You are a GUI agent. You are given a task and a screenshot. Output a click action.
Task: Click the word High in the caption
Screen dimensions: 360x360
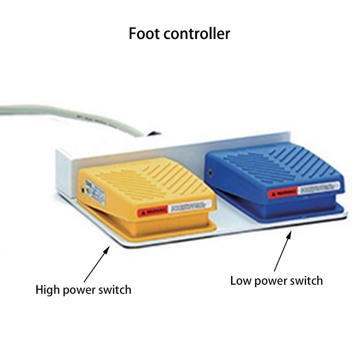(47, 289)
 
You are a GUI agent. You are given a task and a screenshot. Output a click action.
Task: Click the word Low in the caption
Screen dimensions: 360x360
(240, 280)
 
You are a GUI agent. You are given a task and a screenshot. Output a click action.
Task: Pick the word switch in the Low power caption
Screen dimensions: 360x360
(306, 280)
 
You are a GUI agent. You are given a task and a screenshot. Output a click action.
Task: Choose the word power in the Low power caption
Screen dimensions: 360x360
(270, 281)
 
